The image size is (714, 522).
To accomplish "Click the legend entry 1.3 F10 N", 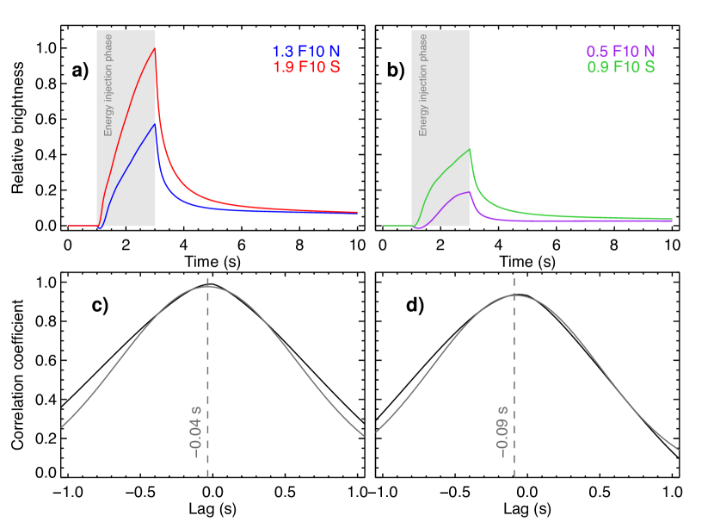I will (306, 51).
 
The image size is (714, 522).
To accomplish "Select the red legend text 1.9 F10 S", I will (306, 66).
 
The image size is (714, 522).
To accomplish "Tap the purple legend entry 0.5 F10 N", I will (620, 51).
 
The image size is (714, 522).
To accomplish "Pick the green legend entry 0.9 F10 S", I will (620, 66).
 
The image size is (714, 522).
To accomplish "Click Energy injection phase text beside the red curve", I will (108, 84).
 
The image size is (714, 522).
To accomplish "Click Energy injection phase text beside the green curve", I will (423, 84).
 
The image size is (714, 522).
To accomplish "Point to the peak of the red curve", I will (155, 48).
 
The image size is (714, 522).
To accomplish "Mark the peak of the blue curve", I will (155, 124).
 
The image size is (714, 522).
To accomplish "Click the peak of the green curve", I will (470, 150).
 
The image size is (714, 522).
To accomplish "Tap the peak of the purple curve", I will (469, 192).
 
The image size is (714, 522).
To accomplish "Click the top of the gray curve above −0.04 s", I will (207, 286).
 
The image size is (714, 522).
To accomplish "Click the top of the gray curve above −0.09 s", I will (514, 295).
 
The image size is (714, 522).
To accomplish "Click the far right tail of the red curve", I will (355, 211).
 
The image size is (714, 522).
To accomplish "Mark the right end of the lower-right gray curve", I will (678, 449).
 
